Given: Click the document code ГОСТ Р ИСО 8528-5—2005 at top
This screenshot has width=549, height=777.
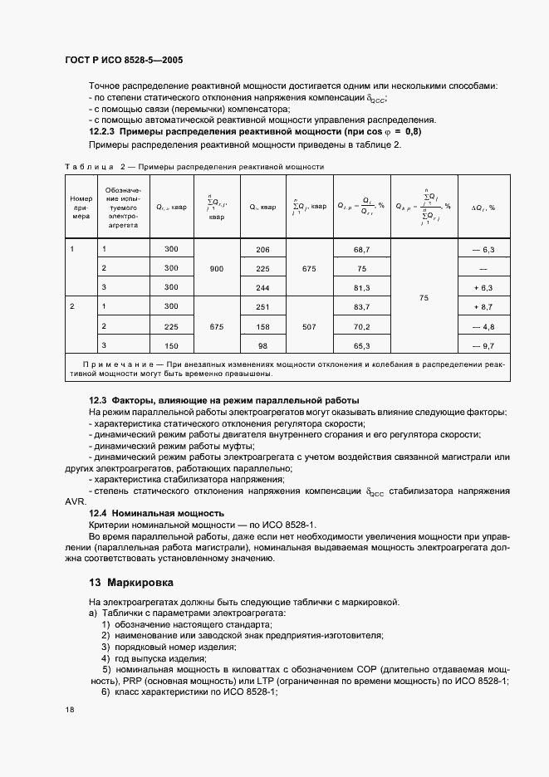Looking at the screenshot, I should click(124, 61).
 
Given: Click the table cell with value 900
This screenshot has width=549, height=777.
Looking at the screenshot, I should click(217, 269).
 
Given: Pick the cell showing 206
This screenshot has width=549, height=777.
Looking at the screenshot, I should click(263, 250).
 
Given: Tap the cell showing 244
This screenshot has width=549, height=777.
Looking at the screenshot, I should click(263, 287).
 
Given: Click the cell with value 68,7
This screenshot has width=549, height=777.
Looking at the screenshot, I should click(360, 250).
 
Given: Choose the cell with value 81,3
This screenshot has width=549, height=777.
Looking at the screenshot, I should click(360, 287).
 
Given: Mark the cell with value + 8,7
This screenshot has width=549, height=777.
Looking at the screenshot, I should click(483, 307).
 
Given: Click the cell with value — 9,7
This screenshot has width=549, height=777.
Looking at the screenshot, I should click(483, 345).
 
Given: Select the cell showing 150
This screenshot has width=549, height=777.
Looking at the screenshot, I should click(171, 345).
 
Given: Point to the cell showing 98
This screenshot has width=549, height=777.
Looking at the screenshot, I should click(263, 345).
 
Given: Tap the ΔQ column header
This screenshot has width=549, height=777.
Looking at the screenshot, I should click(483, 207).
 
